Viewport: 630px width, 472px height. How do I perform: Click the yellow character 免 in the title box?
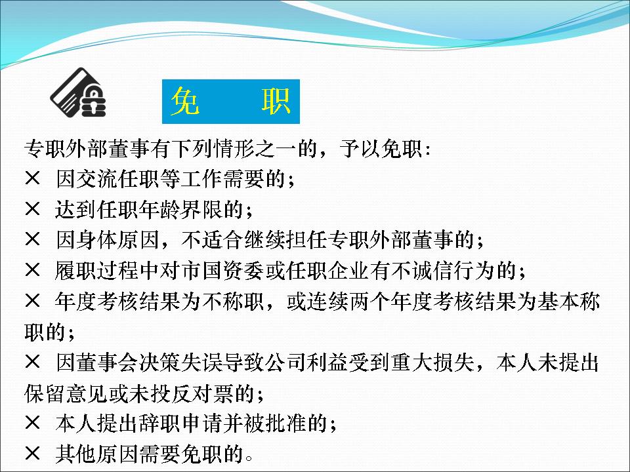185,102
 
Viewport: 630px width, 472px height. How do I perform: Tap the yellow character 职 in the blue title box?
276,102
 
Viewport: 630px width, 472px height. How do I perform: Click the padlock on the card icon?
93,101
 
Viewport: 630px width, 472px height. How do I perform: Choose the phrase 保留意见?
66,393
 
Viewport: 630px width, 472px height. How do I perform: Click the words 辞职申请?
181,423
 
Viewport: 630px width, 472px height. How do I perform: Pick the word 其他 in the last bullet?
76,454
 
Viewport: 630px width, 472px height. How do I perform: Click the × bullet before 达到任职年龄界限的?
33,209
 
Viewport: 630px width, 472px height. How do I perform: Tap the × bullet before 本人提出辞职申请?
33,423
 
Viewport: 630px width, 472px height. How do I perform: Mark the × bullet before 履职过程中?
33,270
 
